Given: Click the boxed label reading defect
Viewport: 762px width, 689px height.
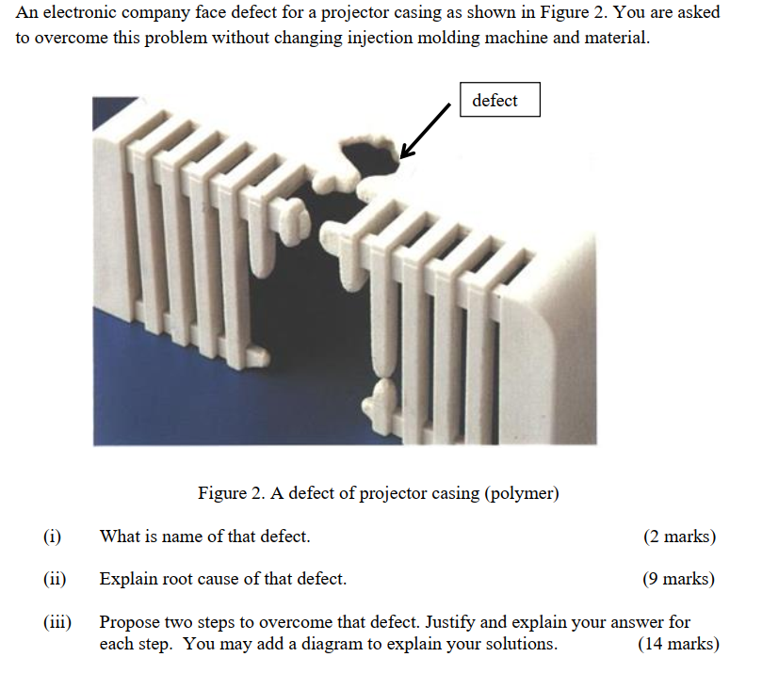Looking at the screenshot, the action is point(499,100).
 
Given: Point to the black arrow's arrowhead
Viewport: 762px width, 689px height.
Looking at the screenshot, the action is point(407,150).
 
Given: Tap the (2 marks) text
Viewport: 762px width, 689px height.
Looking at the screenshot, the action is point(679,537).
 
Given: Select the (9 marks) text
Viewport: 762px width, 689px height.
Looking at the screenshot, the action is point(678,579).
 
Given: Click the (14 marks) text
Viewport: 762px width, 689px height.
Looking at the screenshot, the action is point(678,644).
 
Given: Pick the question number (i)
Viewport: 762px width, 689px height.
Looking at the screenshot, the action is point(52,537).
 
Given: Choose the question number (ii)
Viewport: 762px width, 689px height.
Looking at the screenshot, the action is point(55,579).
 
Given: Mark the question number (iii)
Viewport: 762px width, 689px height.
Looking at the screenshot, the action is point(57,622).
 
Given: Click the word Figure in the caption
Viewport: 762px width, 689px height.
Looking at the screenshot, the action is point(222,493).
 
